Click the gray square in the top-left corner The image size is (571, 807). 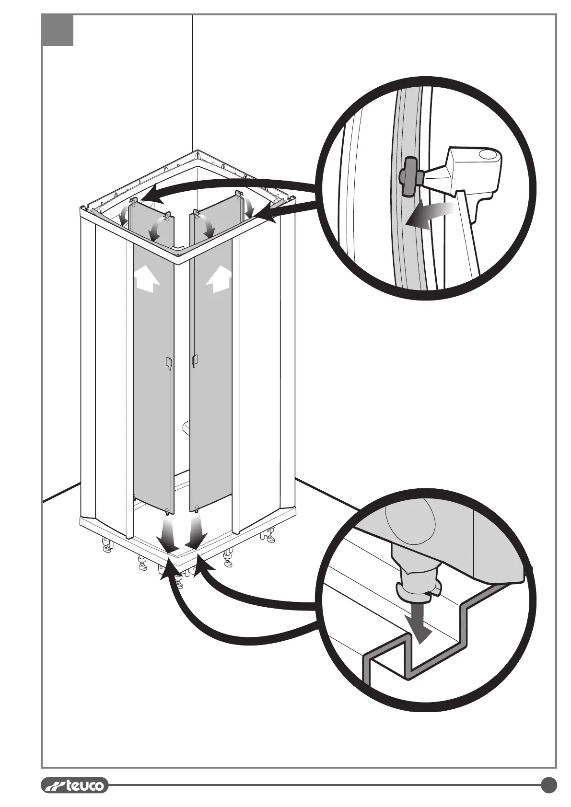58,30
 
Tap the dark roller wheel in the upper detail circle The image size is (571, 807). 409,177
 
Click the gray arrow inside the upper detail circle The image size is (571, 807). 429,214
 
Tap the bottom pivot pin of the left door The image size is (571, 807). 166,511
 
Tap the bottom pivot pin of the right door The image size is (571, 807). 197,510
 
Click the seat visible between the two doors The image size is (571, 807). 186,426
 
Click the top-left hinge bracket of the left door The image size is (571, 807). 134,200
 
